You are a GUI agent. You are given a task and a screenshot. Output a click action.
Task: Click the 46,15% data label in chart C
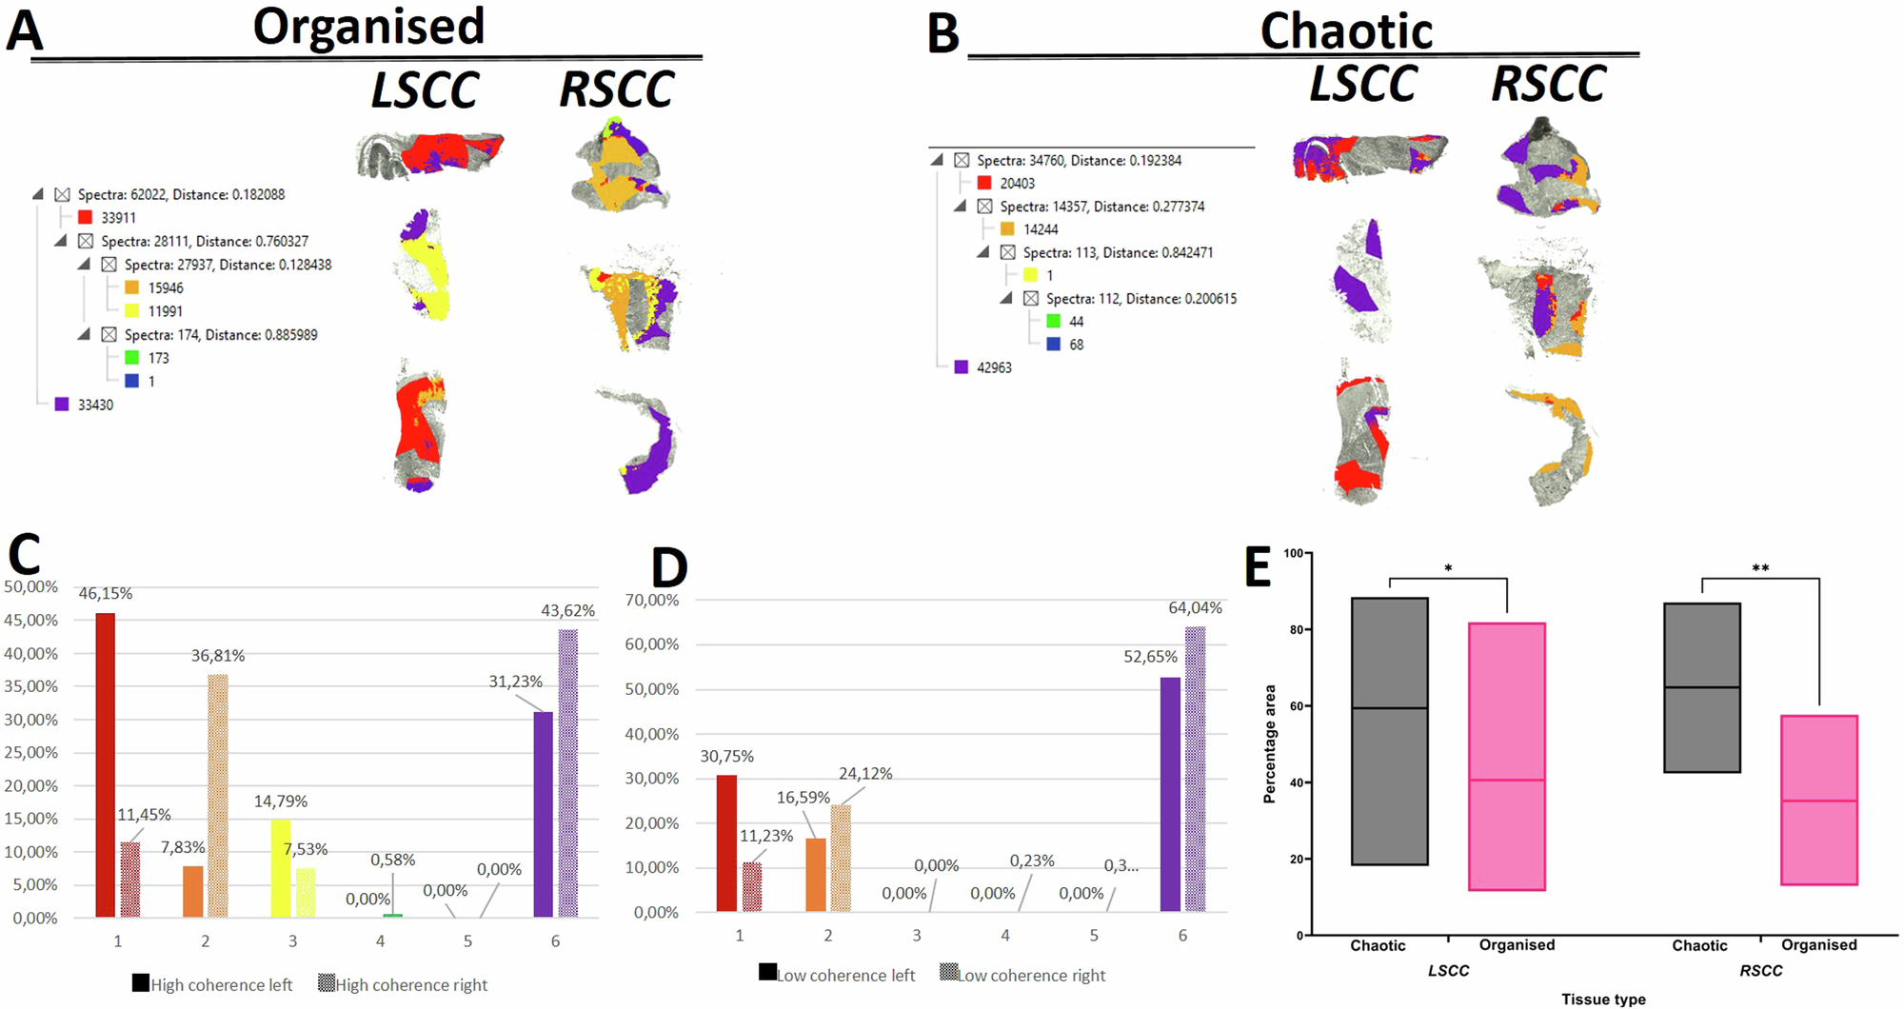(105, 594)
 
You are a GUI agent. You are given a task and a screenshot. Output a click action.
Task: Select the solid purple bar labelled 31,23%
(543, 814)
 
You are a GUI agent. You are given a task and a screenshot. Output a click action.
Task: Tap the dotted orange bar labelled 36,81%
(218, 796)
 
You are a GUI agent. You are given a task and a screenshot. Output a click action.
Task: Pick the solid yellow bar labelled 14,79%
(281, 868)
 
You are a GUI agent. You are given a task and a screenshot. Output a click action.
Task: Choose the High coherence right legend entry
(403, 984)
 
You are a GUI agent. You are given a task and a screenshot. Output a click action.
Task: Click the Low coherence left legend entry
(837, 975)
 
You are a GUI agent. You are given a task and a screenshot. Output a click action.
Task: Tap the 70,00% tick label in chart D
(652, 601)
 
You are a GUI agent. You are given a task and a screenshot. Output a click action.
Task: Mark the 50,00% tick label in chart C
(30, 587)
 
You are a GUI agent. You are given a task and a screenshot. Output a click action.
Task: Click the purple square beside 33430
(62, 405)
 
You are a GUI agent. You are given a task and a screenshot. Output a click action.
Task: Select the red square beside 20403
(984, 183)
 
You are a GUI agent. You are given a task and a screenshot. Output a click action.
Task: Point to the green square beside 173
(132, 358)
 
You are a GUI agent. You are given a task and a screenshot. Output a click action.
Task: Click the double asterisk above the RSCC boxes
(1760, 569)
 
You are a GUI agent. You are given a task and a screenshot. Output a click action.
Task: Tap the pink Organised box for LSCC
(1507, 757)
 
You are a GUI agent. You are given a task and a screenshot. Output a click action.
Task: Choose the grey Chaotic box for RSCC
(1702, 687)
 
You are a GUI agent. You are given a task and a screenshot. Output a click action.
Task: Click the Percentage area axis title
(1269, 744)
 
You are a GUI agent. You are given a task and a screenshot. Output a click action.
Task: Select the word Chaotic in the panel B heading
(1346, 31)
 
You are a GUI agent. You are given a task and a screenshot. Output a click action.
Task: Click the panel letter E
(1258, 568)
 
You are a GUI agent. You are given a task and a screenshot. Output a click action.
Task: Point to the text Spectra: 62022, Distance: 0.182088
(181, 194)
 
